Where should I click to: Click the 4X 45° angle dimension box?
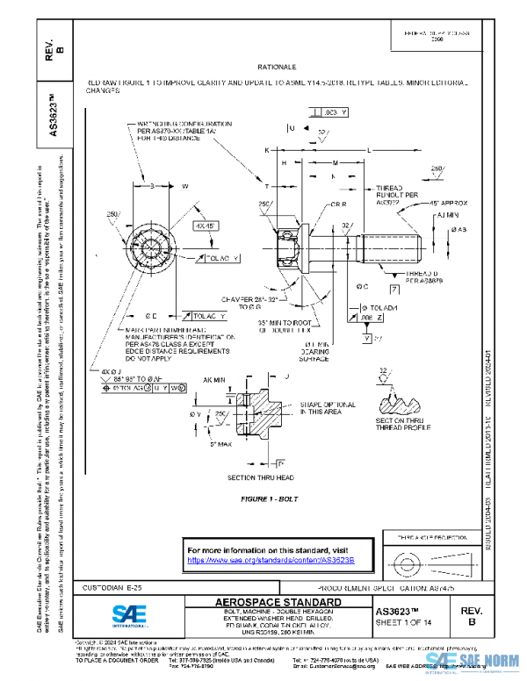point(208,226)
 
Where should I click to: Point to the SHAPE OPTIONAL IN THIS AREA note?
point(327,407)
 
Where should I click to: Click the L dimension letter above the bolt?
point(368,150)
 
